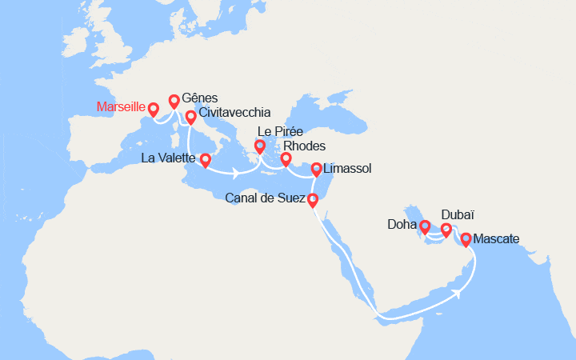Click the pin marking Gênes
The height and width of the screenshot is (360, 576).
point(174,102)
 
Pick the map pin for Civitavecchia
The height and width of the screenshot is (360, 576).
point(191,118)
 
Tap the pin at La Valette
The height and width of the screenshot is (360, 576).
point(205,160)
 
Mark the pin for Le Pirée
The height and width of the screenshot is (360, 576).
point(260,147)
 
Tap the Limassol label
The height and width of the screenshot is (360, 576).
point(349,169)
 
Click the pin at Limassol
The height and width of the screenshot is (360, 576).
point(317,170)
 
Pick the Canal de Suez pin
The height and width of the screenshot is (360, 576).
point(313,200)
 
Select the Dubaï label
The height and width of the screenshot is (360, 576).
point(458,215)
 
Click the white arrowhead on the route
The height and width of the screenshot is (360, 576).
point(459,291)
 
